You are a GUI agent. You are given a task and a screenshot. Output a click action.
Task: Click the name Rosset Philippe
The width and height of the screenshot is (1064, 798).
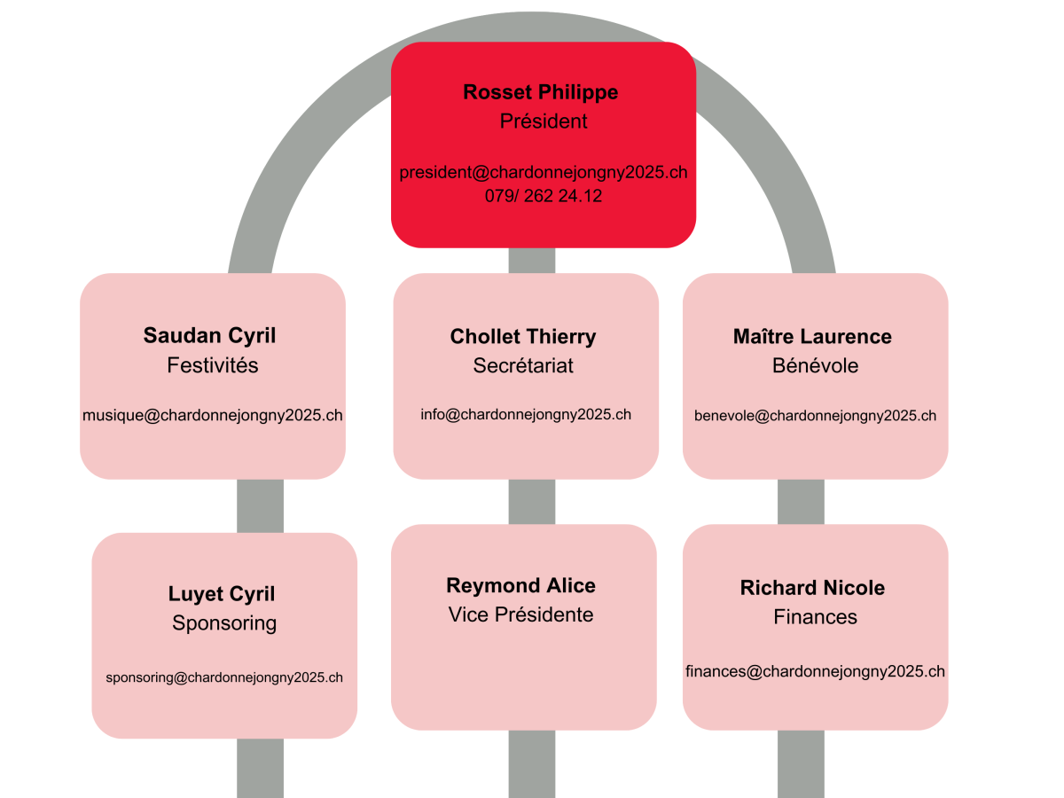click(x=540, y=92)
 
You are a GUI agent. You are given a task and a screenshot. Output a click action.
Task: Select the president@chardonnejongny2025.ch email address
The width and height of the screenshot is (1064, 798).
click(x=543, y=172)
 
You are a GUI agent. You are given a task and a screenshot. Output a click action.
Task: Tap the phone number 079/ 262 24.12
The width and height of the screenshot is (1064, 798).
click(x=543, y=196)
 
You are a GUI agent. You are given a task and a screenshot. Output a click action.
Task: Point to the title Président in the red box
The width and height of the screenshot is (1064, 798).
click(x=544, y=121)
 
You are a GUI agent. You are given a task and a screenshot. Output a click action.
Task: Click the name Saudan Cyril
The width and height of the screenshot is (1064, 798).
click(x=209, y=335)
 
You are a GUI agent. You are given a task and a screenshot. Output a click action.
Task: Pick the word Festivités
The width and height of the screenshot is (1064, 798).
click(x=212, y=365)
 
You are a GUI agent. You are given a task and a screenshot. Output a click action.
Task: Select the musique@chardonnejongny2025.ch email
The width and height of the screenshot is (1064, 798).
click(x=212, y=415)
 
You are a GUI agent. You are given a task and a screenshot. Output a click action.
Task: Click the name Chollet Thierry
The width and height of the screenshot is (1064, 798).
click(x=523, y=337)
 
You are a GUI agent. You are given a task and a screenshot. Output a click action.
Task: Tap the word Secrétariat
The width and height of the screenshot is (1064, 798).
click(x=523, y=365)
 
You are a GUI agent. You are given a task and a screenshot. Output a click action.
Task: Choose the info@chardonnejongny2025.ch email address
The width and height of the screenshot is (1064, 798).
click(x=526, y=414)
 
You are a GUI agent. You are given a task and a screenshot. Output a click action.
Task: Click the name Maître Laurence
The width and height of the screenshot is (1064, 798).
click(x=812, y=337)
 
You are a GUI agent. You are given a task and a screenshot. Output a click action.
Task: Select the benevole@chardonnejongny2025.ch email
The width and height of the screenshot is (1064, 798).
click(x=815, y=415)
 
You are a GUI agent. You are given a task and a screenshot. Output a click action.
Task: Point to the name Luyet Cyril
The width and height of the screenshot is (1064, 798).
click(x=222, y=594)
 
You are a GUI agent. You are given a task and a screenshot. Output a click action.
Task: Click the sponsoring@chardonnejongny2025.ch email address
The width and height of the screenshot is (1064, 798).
click(x=224, y=677)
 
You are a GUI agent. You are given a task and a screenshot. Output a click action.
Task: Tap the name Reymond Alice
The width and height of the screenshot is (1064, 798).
click(x=520, y=585)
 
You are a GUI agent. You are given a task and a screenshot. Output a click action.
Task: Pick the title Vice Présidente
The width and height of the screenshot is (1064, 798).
click(x=520, y=614)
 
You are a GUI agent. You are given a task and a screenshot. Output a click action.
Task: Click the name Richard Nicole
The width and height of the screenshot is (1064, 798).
click(x=812, y=588)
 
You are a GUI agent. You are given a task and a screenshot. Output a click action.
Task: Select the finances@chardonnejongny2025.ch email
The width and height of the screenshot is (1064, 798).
click(x=815, y=671)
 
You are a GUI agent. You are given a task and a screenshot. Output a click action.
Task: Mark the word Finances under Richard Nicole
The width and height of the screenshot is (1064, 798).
click(x=815, y=617)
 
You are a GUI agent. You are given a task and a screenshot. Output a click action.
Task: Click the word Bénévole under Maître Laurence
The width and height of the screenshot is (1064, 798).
click(x=815, y=365)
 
